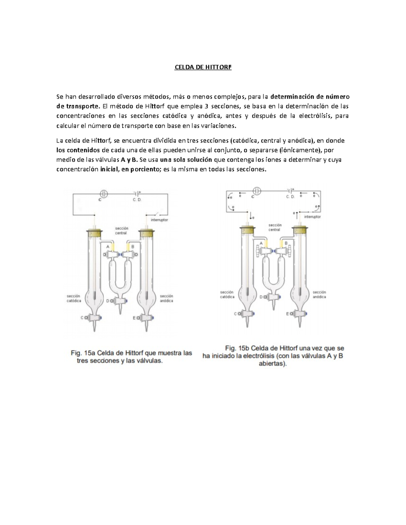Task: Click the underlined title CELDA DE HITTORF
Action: [203, 67]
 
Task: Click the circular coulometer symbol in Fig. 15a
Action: [104, 194]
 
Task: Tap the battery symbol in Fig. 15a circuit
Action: [137, 194]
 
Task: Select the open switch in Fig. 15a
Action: [155, 214]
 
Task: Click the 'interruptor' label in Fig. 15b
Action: [312, 217]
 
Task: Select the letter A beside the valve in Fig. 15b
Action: [261, 243]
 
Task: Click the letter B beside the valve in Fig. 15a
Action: [133, 247]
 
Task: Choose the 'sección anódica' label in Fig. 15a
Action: [166, 298]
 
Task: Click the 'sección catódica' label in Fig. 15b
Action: [227, 294]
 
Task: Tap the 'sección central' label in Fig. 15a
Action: [121, 231]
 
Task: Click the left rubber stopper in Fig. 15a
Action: [94, 233]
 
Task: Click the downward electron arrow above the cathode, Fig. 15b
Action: [250, 215]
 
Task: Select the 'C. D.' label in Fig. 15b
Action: [290, 197]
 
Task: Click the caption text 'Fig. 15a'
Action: [83, 353]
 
